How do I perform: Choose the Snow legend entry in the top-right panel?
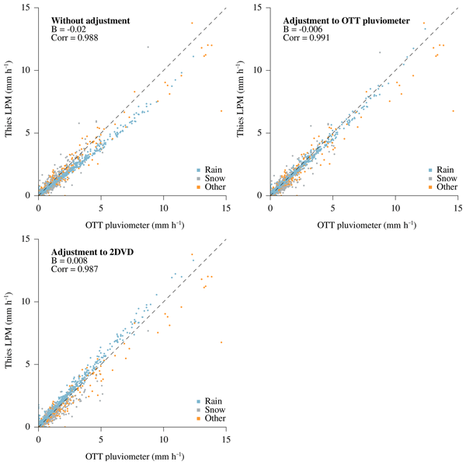[x=442, y=178]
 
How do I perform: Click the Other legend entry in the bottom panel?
[x=210, y=418]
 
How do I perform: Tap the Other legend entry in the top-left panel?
[x=210, y=187]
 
